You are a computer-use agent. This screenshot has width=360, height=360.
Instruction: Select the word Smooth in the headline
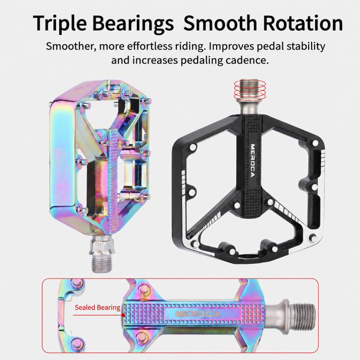(x=220, y=23)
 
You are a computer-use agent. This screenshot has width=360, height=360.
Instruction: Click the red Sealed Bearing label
(x=97, y=307)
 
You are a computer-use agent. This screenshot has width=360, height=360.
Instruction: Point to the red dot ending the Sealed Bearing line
(x=123, y=315)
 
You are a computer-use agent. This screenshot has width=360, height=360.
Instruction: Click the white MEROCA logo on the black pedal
(x=252, y=161)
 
